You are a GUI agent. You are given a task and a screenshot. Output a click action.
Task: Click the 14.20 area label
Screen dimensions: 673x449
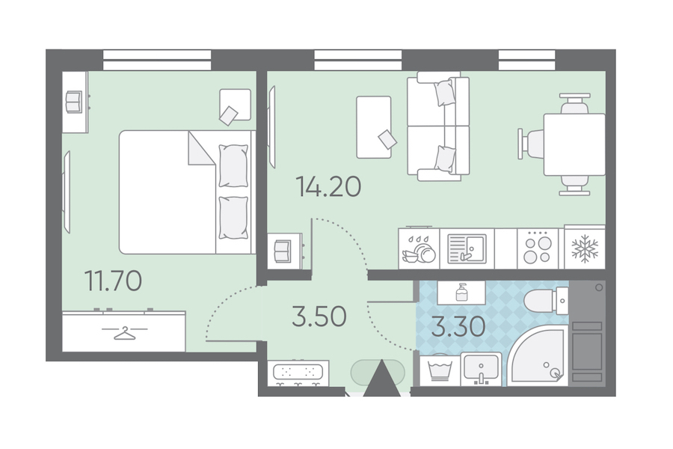coord(329,187)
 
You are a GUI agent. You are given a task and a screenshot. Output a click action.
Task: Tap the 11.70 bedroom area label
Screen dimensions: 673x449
coord(114,281)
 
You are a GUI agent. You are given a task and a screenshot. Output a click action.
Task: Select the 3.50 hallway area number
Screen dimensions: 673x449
coord(319,317)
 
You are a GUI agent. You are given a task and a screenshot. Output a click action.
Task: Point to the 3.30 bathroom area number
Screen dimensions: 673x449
coord(458,326)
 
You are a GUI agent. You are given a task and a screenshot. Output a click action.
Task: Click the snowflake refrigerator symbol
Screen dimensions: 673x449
coord(585,248)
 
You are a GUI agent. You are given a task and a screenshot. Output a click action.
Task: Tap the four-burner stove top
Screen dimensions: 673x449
coord(538,250)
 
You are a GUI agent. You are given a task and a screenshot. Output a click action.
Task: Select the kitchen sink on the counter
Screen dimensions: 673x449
coord(467,248)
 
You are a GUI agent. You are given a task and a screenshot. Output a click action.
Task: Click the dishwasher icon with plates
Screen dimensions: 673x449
coord(419,250)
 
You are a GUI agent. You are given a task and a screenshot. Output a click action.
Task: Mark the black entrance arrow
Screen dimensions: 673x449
coord(381,378)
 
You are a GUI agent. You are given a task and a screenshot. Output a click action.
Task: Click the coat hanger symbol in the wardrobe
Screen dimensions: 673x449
coord(124,333)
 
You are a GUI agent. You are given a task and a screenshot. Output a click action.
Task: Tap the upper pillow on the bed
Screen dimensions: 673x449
coord(233,166)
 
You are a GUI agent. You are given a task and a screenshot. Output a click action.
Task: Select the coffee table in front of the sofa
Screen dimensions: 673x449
coord(374,126)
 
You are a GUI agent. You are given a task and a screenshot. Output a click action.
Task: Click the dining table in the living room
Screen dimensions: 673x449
coord(574,144)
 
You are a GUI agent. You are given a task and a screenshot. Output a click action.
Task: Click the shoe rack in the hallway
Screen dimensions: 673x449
coord(298,373)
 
